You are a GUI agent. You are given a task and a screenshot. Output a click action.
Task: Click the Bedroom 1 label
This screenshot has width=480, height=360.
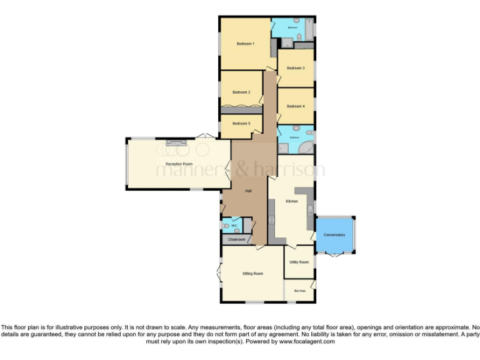click(245, 44)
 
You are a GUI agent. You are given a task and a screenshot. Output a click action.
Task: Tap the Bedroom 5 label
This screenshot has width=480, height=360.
click(241, 123)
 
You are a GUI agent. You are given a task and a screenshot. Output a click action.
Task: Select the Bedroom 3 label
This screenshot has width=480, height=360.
click(296, 67)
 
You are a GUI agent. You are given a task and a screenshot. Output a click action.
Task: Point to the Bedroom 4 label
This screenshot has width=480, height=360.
click(296, 106)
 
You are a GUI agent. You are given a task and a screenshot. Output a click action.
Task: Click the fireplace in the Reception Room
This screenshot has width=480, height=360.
click(177, 143)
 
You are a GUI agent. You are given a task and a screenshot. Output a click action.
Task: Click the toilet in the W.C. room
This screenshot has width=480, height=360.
click(226, 226)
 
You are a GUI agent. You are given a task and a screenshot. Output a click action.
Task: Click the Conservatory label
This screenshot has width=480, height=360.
click(334, 234)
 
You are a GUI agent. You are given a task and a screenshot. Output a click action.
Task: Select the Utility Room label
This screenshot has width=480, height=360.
click(299, 262)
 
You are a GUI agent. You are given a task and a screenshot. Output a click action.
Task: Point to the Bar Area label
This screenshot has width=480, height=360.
click(299, 291)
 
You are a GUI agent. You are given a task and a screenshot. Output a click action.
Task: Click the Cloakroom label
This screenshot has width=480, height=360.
click(236, 239)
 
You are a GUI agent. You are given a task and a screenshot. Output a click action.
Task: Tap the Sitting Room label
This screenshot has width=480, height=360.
click(252, 273)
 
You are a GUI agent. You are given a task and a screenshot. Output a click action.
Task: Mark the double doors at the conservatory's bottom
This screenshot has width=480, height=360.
click(336, 254)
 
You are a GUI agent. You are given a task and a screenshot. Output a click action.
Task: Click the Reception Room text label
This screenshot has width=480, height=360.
click(178, 164)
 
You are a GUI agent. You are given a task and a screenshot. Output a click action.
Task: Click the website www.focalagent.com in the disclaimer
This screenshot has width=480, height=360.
click(307, 342)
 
